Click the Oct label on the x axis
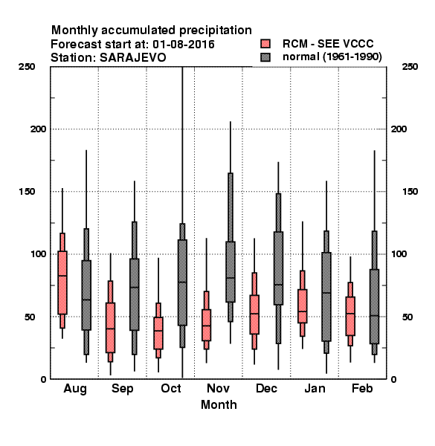pyautogui.click(x=171, y=388)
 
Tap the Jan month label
pyautogui.click(x=315, y=388)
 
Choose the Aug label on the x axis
pyautogui.click(x=75, y=389)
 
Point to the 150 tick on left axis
pyautogui.click(x=27, y=192)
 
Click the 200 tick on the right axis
pyautogui.click(x=399, y=129)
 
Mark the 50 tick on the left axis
pyautogui.click(x=30, y=317)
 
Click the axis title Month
pyautogui.click(x=219, y=404)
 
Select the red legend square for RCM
pyautogui.click(x=265, y=44)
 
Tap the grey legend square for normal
pyautogui.click(x=265, y=57)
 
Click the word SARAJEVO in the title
pyautogui.click(x=133, y=57)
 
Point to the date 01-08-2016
pyautogui.click(x=184, y=44)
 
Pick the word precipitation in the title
pyautogui.click(x=216, y=30)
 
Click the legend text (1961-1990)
pyautogui.click(x=352, y=56)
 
